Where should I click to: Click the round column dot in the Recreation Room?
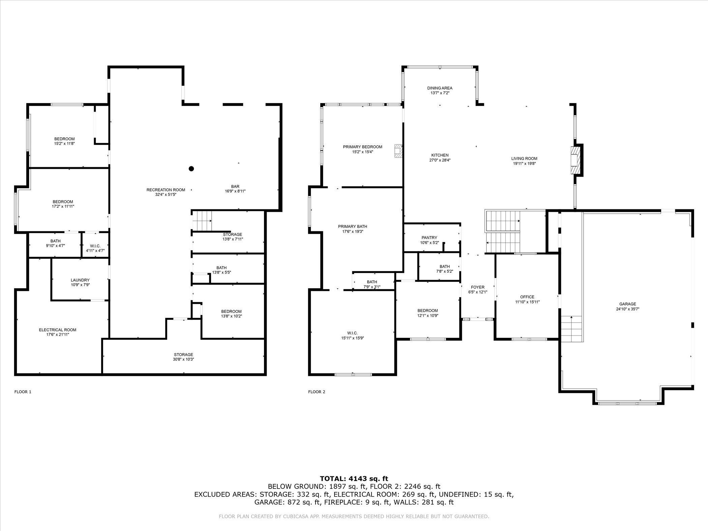tap(191, 169)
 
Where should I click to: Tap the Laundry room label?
tap(80, 280)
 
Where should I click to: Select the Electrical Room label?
tap(58, 330)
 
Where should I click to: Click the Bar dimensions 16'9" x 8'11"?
tap(235, 191)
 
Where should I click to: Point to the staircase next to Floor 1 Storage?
tap(202, 221)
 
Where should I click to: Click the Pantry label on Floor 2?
tap(429, 237)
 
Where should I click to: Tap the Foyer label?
tap(478, 287)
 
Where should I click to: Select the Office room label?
tap(527, 297)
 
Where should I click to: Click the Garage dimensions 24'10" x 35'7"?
tap(627, 309)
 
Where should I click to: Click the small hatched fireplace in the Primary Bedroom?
tap(399, 151)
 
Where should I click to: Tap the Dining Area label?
tap(440, 88)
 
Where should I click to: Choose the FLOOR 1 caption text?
tap(23, 392)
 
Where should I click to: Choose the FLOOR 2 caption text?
tap(317, 392)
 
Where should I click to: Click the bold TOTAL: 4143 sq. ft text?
tap(354, 478)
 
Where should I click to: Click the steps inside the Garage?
tap(572, 329)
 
